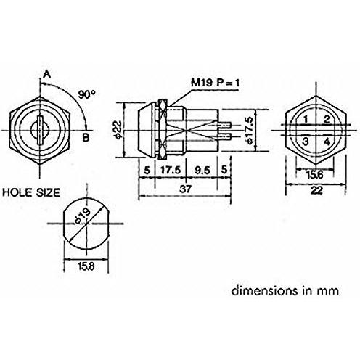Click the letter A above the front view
pyautogui.click(x=46, y=73)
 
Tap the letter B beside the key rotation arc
pyautogui.click(x=86, y=135)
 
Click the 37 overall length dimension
pyautogui.click(x=186, y=188)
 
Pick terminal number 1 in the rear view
pyautogui.click(x=306, y=118)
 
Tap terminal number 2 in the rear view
pyautogui.click(x=327, y=118)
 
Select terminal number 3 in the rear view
pyautogui.click(x=306, y=141)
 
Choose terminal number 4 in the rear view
pyautogui.click(x=327, y=141)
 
